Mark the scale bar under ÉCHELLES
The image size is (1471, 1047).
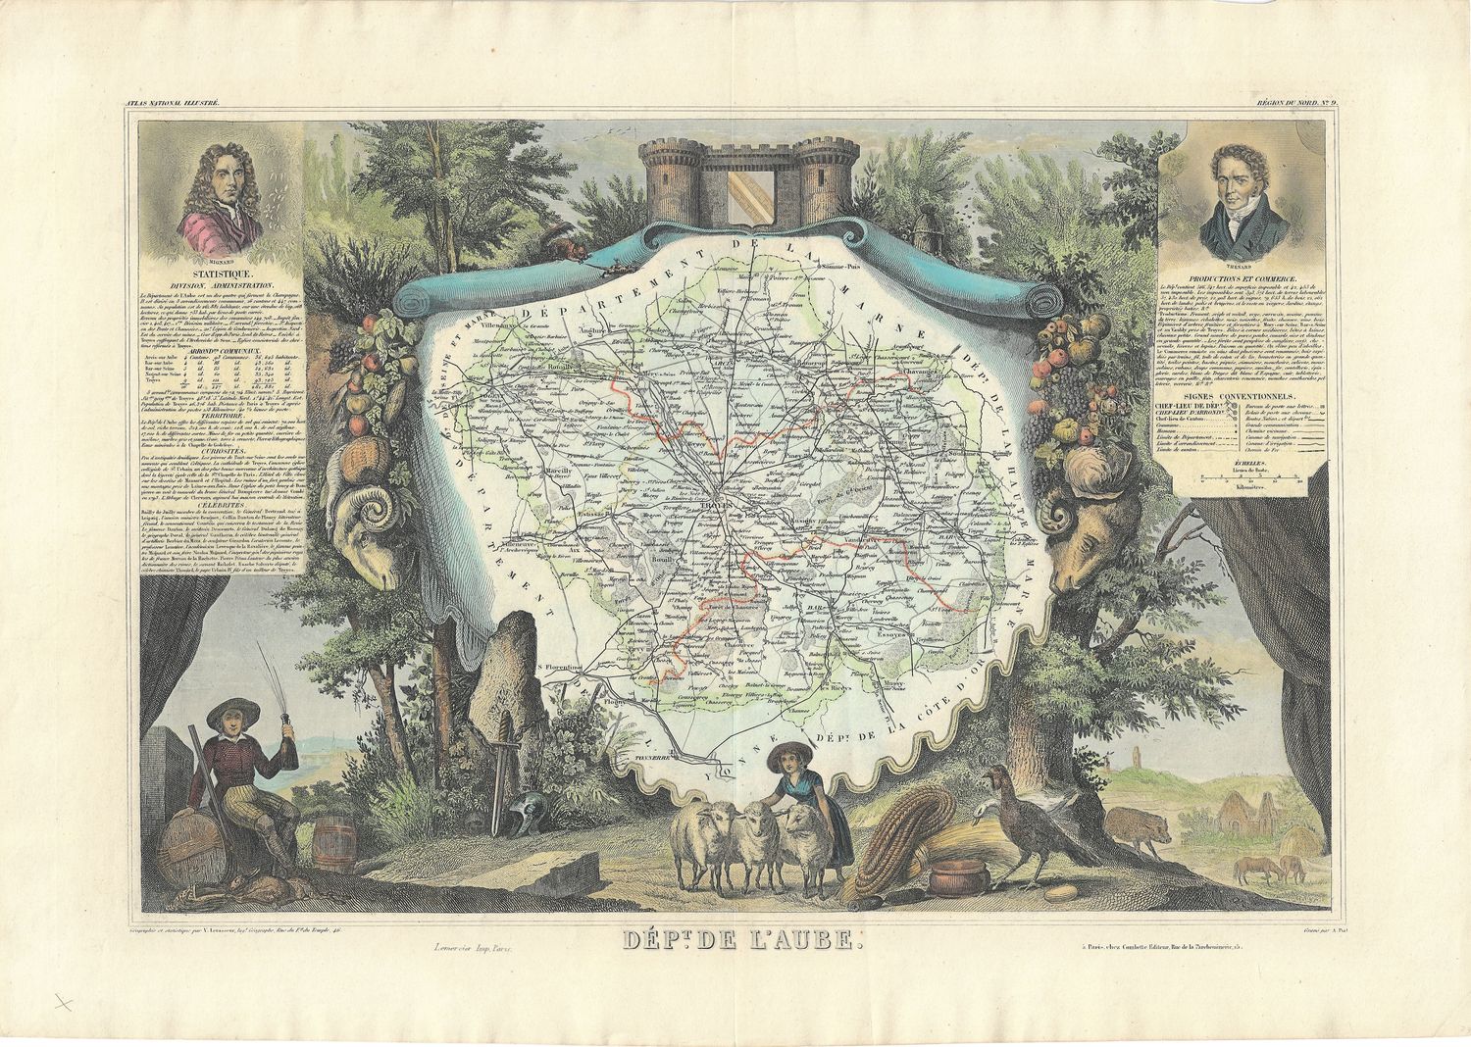click(1248, 478)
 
